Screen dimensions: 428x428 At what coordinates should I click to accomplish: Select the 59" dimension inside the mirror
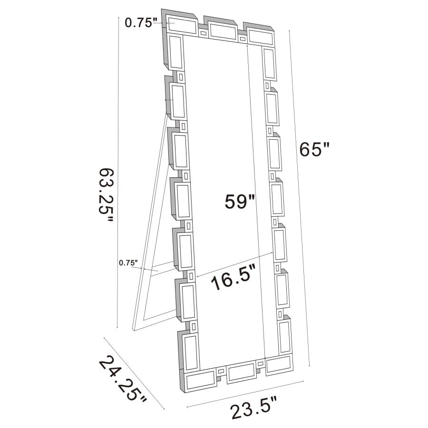coord(241,202)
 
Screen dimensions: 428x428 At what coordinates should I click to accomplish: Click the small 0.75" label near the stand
coord(128,262)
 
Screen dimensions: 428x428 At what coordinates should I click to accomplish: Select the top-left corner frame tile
coord(181,23)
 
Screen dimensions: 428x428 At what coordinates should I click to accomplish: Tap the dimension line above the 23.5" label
coord(245,394)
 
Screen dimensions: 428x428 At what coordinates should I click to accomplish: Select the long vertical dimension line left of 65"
coord(300,197)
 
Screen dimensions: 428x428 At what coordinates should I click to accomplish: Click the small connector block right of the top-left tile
coord(203,34)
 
